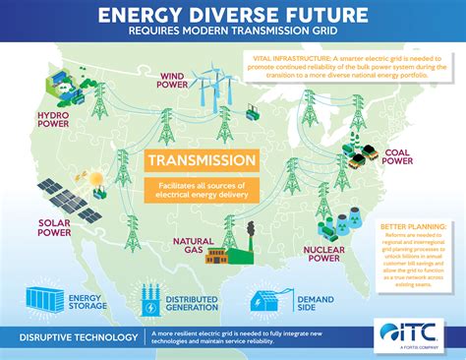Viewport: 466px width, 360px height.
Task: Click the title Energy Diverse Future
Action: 233,14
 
